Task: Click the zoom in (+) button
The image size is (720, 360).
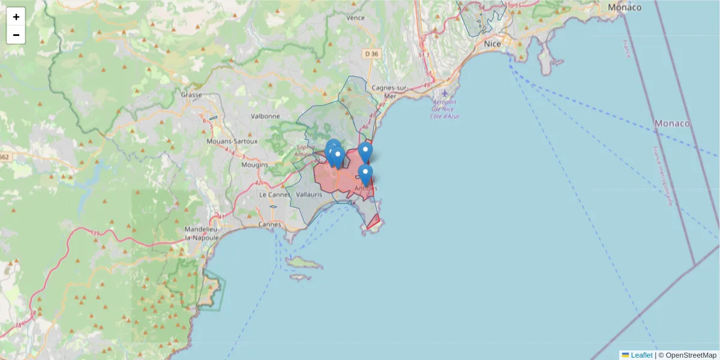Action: pos(16,17)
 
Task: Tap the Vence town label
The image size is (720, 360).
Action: pos(356,18)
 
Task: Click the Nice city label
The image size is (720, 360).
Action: pos(492,44)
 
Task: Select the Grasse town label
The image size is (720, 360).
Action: pos(191,95)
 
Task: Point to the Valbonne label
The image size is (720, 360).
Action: pos(265,116)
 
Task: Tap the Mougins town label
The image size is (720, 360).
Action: pos(254,164)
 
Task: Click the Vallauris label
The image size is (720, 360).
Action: pos(310,195)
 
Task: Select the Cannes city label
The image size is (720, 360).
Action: pos(270,224)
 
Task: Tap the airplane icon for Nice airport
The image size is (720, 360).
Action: pos(445,93)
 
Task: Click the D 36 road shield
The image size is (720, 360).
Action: pos(372,54)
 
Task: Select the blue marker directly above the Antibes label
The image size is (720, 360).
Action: pos(365,174)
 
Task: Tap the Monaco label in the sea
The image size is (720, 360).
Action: pos(672,123)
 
